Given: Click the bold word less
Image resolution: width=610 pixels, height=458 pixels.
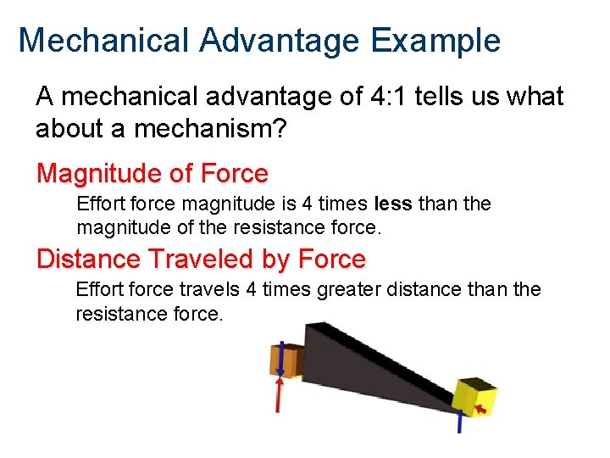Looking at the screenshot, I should (x=392, y=204).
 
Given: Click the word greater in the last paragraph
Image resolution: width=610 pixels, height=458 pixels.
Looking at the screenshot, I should (x=347, y=290).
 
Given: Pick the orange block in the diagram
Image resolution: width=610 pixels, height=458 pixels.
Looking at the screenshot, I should (x=286, y=360).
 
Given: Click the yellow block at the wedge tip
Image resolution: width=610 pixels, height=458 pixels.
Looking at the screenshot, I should (x=474, y=398).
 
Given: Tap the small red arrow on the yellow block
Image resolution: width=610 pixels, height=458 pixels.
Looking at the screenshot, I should (x=481, y=411).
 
